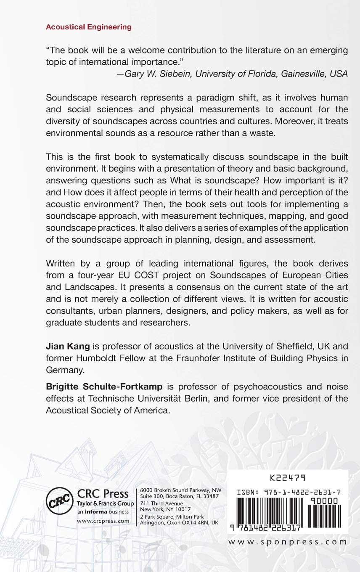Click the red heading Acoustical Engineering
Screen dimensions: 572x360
coord(88,27)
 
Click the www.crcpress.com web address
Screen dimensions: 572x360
coord(103,521)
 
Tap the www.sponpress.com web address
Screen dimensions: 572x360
coord(288,542)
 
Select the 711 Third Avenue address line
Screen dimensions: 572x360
coord(161,503)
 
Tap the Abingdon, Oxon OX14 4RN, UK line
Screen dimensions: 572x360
coord(179,522)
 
